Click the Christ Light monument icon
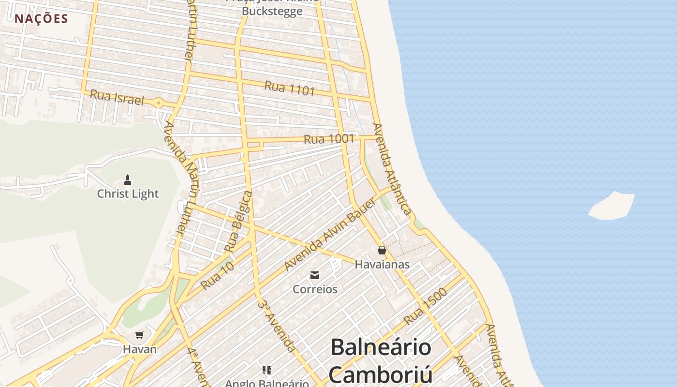point(128,180)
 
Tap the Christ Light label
point(128,193)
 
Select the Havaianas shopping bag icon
point(382,250)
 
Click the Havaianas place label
point(382,265)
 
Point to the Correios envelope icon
point(315,275)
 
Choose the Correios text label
point(315,289)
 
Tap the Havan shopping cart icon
point(140,335)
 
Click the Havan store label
point(140,349)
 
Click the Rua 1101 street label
point(290,88)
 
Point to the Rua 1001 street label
point(329,139)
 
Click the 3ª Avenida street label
point(277,325)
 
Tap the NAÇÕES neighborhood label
point(41,19)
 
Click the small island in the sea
point(612,206)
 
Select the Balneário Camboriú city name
point(381,360)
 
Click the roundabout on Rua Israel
point(158,103)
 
